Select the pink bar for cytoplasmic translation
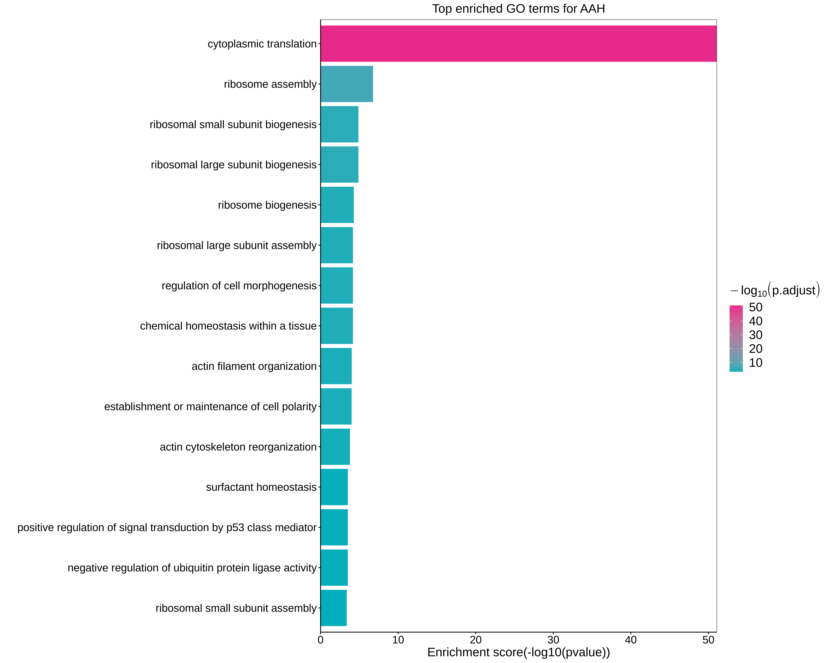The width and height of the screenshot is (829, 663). (x=518, y=44)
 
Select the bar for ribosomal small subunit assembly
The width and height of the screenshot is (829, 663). (x=333, y=608)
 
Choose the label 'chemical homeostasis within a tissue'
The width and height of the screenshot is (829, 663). (x=228, y=326)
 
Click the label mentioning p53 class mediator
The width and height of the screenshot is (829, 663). (x=167, y=527)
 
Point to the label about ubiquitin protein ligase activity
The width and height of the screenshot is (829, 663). (x=192, y=568)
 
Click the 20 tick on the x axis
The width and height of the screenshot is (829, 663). (x=476, y=640)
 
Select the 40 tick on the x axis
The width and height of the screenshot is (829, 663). (x=631, y=640)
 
